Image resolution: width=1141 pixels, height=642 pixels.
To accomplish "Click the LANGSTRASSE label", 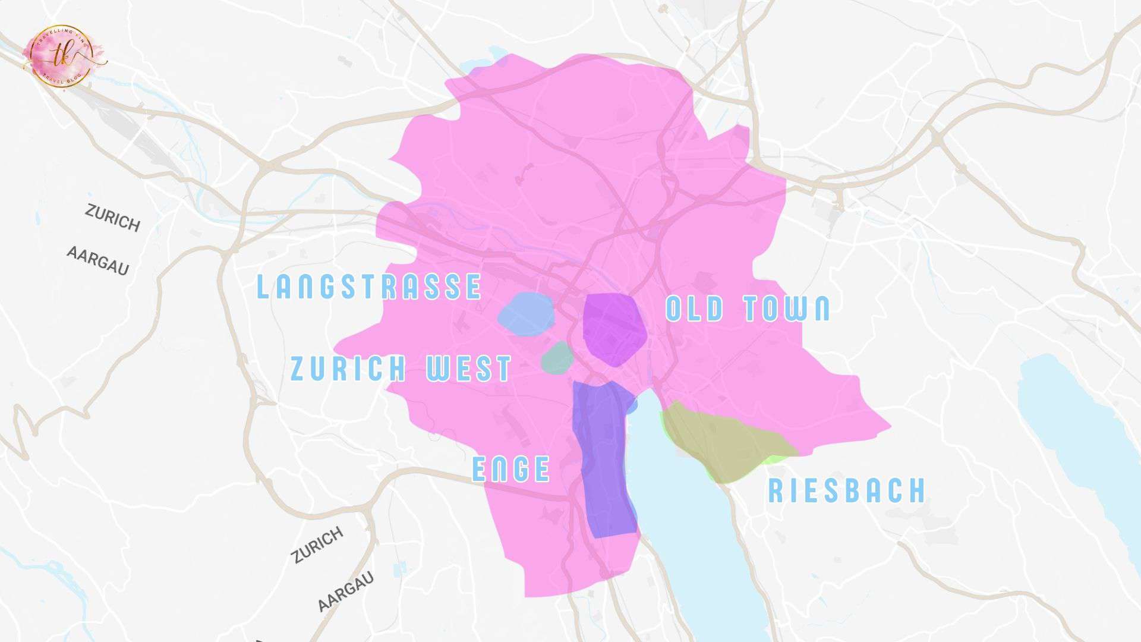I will pyautogui.click(x=368, y=287).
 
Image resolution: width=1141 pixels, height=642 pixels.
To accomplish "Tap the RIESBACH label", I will pyautogui.click(x=847, y=491).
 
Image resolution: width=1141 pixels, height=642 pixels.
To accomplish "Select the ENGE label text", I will pyautogui.click(x=511, y=469).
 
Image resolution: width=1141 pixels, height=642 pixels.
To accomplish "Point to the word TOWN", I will pyautogui.click(x=787, y=309).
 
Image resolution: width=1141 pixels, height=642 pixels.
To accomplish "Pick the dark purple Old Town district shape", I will pyautogui.click(x=614, y=329).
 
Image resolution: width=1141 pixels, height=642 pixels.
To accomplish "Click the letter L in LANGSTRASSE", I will pyautogui.click(x=263, y=287).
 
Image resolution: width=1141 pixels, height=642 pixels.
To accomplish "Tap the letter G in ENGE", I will pyautogui.click(x=521, y=469).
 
